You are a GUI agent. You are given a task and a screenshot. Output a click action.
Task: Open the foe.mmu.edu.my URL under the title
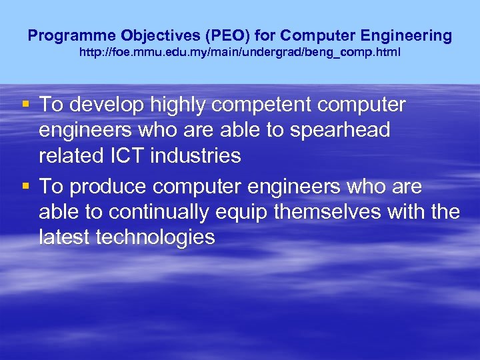click(x=240, y=51)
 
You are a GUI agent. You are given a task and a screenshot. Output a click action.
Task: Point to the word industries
click(x=196, y=156)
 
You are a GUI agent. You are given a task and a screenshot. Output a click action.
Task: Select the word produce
click(x=105, y=187)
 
